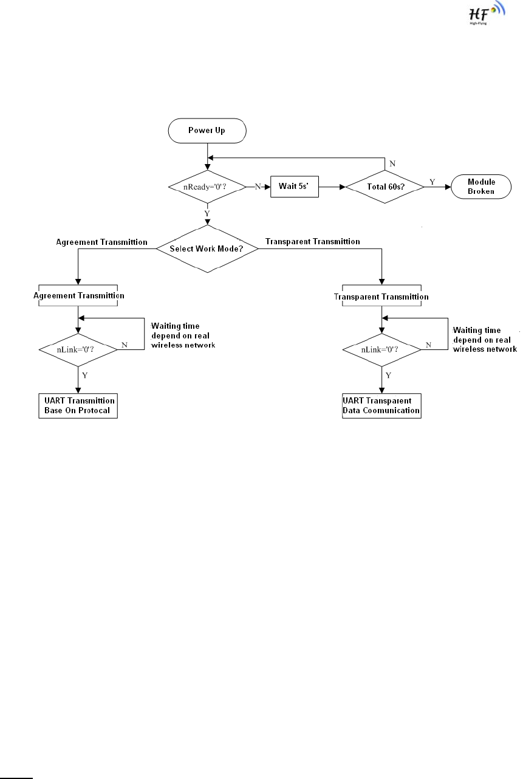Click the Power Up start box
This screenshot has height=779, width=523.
[207, 131]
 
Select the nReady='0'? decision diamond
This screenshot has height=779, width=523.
[207, 187]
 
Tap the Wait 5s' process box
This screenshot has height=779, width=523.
[295, 187]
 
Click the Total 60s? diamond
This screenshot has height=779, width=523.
[385, 187]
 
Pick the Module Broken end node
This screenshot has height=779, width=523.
[481, 187]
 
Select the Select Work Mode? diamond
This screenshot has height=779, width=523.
[207, 249]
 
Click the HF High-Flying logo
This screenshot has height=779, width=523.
[487, 13]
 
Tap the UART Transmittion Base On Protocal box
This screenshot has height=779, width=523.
[78, 406]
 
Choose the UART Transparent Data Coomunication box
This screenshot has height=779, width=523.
[382, 406]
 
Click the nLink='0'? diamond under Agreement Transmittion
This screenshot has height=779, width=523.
[78, 350]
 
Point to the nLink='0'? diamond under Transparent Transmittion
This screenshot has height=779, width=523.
[382, 350]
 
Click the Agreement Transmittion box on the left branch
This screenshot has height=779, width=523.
[78, 295]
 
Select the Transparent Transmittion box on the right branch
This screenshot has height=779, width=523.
[382, 296]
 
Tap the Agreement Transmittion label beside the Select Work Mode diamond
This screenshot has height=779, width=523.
[101, 242]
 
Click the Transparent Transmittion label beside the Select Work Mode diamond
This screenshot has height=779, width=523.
[313, 242]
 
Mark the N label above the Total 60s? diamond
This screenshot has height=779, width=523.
[392, 163]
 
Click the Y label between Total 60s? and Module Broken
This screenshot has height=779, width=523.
[432, 182]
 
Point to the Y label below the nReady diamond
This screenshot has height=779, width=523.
[207, 213]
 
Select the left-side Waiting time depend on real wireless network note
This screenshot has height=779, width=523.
[183, 335]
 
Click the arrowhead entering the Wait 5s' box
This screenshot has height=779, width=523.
[267, 187]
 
